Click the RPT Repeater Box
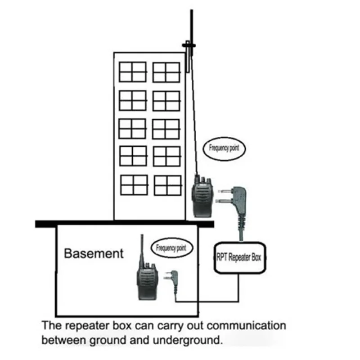242,257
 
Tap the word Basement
94,253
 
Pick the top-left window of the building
133,72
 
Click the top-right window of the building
166,72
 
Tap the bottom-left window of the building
134,185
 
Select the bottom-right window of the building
167,185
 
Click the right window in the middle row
166,129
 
